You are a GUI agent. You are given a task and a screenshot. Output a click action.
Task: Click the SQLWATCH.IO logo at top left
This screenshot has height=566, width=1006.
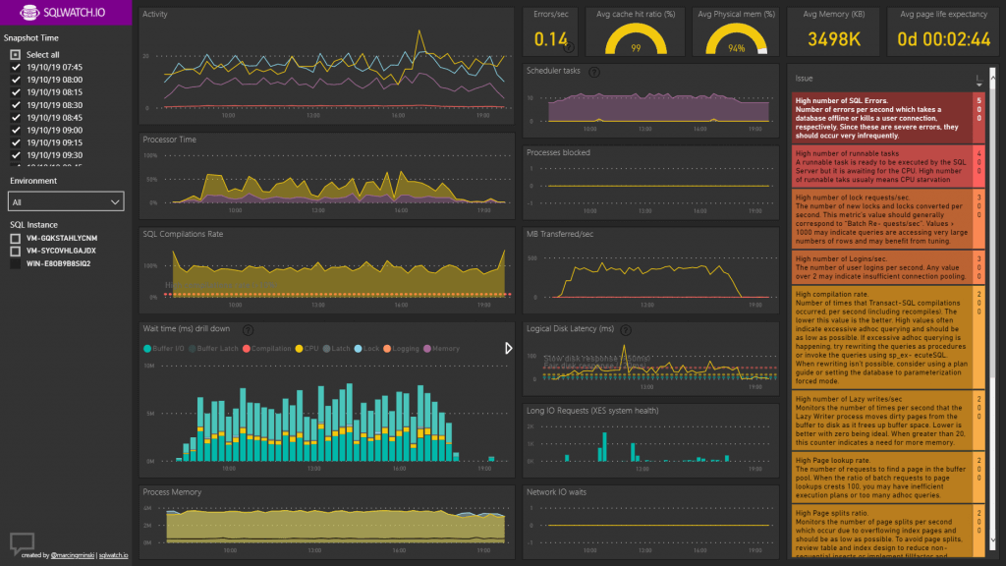(x=54, y=17)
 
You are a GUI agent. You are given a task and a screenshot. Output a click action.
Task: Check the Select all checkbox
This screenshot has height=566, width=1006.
(x=16, y=54)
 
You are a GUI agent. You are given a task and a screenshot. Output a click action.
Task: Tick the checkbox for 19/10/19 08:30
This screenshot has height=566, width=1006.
(x=16, y=104)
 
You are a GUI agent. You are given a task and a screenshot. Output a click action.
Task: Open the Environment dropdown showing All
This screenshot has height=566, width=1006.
(x=67, y=201)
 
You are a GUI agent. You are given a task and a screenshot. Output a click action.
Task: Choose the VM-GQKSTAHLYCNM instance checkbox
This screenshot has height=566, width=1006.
(x=16, y=238)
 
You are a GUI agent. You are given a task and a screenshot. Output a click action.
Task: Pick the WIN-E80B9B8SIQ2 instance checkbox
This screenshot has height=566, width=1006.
(x=16, y=263)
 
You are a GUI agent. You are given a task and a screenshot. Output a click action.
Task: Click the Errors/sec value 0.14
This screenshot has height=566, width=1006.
(x=551, y=39)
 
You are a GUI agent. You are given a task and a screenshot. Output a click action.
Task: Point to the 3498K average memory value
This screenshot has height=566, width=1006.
(x=835, y=39)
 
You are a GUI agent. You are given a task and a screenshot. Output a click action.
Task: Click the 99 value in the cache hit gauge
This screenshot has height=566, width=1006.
(x=636, y=48)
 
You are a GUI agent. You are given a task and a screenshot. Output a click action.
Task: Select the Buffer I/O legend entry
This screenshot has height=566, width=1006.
(x=166, y=348)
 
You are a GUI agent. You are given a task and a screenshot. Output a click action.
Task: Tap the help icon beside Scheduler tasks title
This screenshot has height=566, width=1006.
(x=595, y=72)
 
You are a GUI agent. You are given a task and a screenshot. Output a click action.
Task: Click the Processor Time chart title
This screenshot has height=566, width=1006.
(x=169, y=140)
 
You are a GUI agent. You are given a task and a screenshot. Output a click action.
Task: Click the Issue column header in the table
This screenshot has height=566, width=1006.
(x=805, y=78)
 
